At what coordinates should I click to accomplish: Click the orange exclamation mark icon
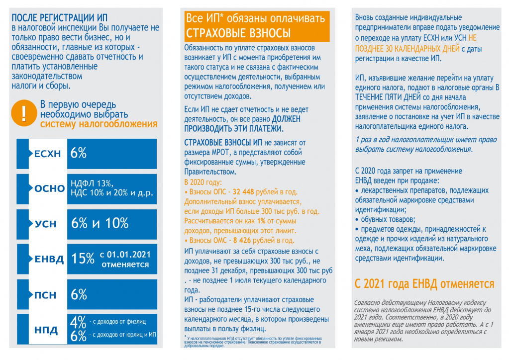tap(23, 113)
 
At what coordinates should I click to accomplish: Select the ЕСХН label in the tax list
tap(48, 154)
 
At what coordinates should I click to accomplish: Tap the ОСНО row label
tap(50, 189)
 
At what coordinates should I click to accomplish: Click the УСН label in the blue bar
tap(46, 224)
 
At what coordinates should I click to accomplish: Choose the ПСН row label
tap(45, 295)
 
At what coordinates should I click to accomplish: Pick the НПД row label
tap(46, 330)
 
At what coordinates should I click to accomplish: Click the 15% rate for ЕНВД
tap(83, 259)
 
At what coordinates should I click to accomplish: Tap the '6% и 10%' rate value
tap(100, 224)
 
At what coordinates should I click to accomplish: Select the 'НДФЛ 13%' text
tap(93, 183)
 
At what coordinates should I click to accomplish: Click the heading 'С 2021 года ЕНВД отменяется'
tap(424, 284)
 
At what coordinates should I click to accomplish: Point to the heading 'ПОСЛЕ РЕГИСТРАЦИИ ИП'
tap(61, 18)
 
